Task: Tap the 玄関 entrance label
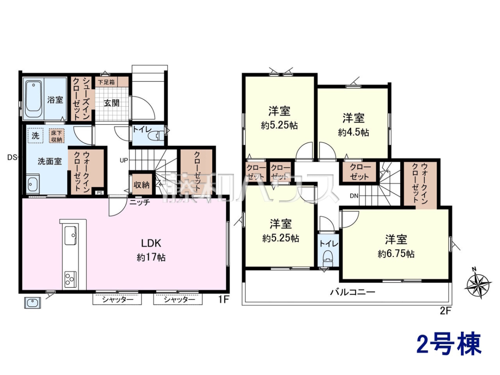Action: pos(111,103)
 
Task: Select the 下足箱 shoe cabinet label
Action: pos(106,82)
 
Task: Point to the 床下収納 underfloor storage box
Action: pos(57,136)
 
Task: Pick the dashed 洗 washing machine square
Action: pos(35,136)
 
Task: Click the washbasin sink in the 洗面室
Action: pos(33,183)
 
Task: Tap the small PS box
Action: pos(100,192)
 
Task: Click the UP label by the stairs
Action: pos(124,160)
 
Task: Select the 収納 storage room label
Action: pos(141,185)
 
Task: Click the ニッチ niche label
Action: pos(140,202)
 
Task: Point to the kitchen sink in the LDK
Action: pos(70,235)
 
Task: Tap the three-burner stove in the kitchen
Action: pos(70,279)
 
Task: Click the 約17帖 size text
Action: pos(151,257)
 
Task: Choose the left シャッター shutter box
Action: pos(117,300)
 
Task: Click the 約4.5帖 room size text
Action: pos(353,132)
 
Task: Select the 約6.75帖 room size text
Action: pos(396,254)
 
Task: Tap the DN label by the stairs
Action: pos(354,196)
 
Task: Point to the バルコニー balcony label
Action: pos(352,292)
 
